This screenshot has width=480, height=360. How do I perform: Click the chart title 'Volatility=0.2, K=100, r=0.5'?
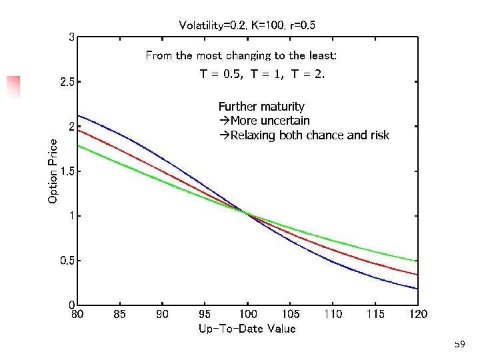click(247, 25)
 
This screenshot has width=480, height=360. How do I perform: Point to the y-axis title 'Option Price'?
click(53, 171)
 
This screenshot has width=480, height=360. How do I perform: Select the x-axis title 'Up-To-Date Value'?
click(247, 328)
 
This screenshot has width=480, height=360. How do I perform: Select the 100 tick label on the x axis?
click(248, 314)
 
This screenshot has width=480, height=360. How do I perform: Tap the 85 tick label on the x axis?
click(120, 314)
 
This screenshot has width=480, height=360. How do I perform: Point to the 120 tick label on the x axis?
click(418, 314)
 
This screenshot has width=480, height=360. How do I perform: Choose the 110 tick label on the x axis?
click(333, 314)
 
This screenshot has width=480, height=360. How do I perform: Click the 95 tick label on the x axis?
click(205, 314)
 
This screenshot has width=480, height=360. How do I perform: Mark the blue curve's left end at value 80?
click(79, 115)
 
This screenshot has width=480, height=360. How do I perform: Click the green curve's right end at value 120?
click(417, 261)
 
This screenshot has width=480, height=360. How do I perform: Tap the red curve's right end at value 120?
click(417, 274)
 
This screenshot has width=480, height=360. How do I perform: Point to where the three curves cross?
click(247, 213)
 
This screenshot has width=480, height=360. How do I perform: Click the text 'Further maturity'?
click(261, 107)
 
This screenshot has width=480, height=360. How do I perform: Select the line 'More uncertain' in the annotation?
click(265, 121)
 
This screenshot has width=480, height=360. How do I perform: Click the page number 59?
click(459, 345)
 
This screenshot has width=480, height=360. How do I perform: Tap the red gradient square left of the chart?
click(13, 87)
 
